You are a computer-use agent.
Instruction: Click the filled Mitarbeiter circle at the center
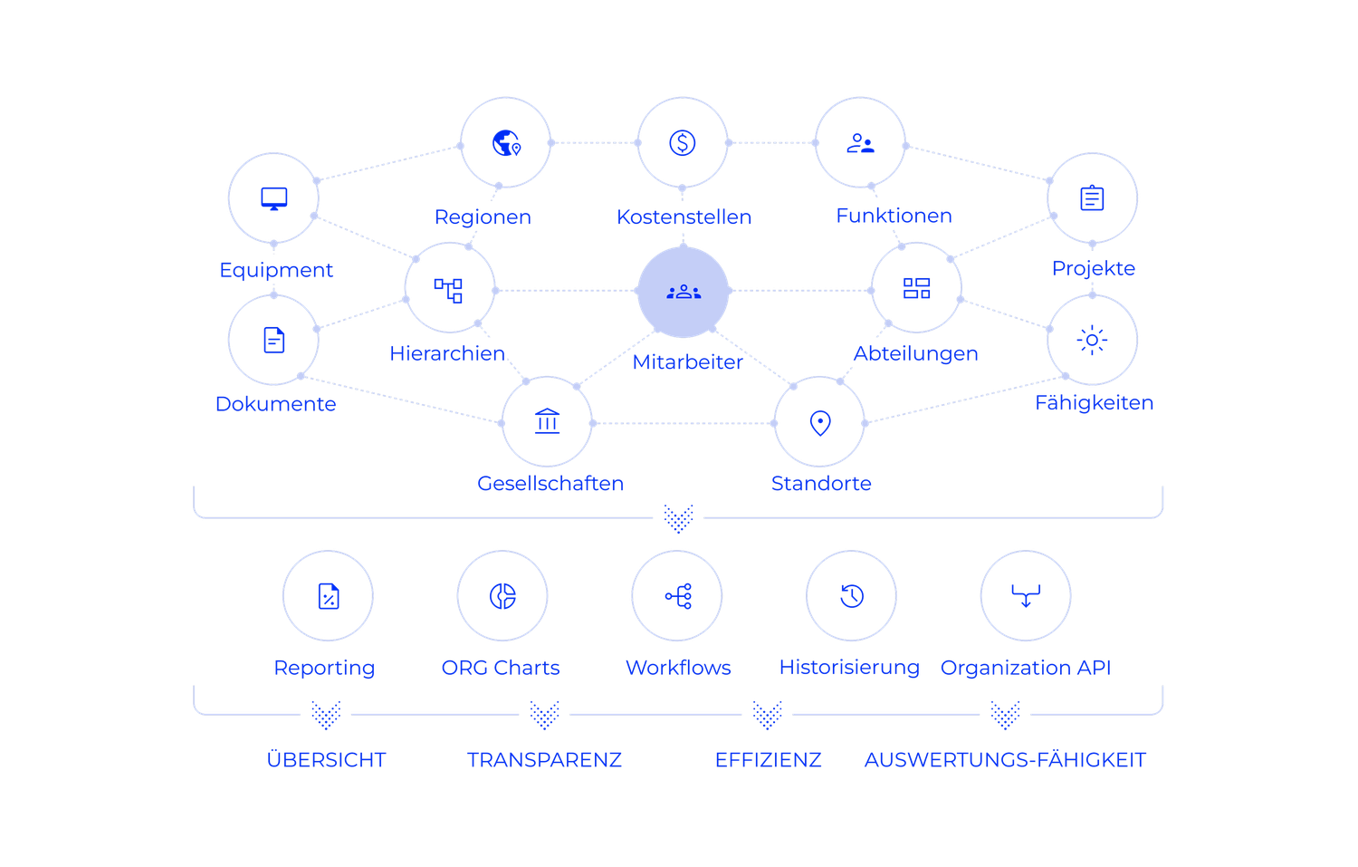(684, 291)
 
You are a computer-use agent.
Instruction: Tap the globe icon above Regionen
(505, 143)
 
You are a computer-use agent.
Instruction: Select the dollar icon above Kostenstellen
(683, 142)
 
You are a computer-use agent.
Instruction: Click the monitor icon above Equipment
(273, 198)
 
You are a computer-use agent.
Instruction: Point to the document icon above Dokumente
(273, 340)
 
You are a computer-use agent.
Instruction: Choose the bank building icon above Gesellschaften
(548, 422)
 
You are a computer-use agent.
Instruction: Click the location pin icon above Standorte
(819, 423)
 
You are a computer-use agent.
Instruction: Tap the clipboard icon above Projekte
(1092, 198)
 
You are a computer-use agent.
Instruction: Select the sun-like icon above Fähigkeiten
(1092, 340)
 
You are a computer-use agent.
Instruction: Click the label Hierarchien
(447, 353)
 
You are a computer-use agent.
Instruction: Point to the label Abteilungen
(915, 353)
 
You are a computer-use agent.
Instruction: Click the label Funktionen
(894, 216)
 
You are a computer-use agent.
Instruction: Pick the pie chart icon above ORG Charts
(502, 595)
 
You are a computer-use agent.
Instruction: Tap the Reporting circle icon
(329, 596)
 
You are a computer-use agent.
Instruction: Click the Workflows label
(678, 668)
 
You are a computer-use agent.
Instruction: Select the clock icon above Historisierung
(851, 595)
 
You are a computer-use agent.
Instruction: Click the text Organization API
(1026, 668)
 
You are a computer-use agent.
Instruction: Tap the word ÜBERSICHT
(327, 759)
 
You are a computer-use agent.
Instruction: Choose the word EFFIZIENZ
(769, 759)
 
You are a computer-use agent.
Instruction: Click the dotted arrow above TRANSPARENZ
(544, 715)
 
